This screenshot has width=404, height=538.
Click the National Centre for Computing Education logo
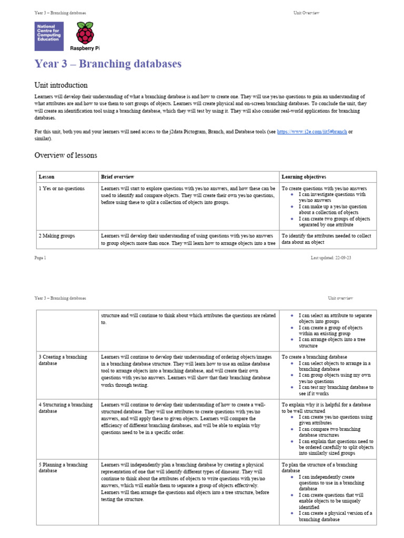click(x=49, y=36)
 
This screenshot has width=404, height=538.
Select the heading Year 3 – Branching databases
click(x=108, y=64)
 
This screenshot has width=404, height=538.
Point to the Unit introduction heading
click(x=61, y=85)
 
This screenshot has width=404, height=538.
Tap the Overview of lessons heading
click(x=66, y=155)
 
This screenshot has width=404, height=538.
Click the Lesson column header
click(x=46, y=177)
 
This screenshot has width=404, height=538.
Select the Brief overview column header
click(x=117, y=177)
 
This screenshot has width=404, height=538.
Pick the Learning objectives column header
click(x=304, y=177)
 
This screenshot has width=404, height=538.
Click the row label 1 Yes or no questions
click(x=62, y=188)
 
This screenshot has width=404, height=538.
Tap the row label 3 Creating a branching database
click(x=63, y=360)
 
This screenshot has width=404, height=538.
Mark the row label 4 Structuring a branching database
click(x=65, y=408)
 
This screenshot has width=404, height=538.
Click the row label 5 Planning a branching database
click(x=63, y=468)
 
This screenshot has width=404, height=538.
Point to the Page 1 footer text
click(x=41, y=257)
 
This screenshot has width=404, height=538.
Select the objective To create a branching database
click(x=314, y=357)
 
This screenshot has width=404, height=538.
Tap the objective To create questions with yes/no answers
click(x=324, y=188)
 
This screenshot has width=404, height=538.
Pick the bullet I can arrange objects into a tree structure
click(x=331, y=343)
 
